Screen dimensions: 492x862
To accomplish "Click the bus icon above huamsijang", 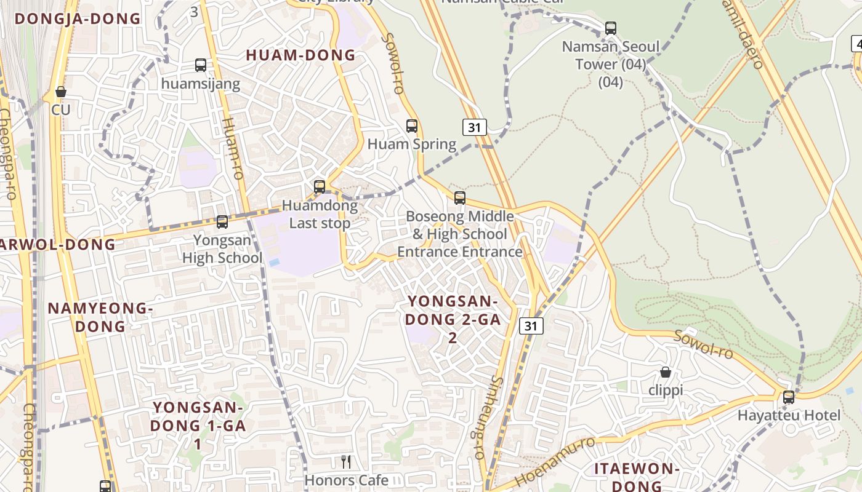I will pyautogui.click(x=200, y=65).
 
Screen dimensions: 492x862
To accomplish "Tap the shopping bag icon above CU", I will pyautogui.click(x=61, y=92).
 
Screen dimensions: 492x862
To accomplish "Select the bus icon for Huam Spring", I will pyautogui.click(x=412, y=126).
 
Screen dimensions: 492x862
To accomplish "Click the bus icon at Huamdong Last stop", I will pyautogui.click(x=320, y=186).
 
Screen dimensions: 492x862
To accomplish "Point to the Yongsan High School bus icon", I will pyautogui.click(x=222, y=222).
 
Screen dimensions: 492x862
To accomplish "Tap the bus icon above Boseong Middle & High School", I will pyautogui.click(x=460, y=198).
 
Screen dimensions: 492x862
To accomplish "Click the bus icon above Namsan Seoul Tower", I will pyautogui.click(x=611, y=28).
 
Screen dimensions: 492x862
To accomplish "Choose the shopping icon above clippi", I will pyautogui.click(x=666, y=372).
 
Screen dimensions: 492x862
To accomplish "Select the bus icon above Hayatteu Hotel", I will pyautogui.click(x=789, y=397).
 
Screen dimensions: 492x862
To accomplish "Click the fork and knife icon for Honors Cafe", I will pyautogui.click(x=347, y=462).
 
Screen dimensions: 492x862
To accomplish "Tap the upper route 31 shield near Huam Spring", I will pyautogui.click(x=475, y=127).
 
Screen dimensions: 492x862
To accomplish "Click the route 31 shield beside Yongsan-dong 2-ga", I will pyautogui.click(x=531, y=325).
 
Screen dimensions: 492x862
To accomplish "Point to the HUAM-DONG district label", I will pyautogui.click(x=300, y=55).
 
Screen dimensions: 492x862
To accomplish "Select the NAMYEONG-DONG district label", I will pyautogui.click(x=100, y=317).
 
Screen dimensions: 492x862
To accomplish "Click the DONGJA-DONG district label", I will pyautogui.click(x=78, y=18).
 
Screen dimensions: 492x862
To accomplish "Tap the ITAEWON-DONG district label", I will pyautogui.click(x=637, y=477).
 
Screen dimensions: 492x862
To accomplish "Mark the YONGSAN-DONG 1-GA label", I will pyautogui.click(x=198, y=425).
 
